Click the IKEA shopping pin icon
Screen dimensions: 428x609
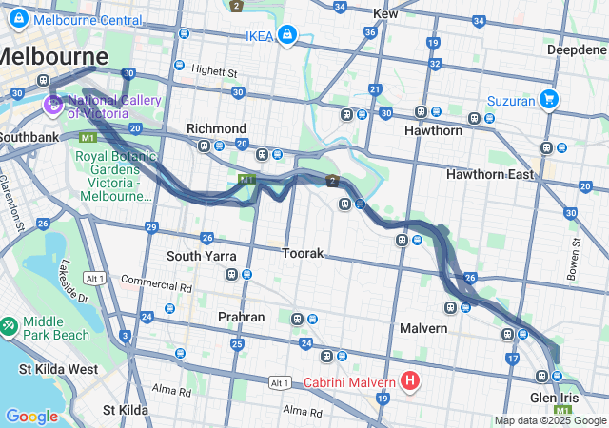coord(285,36)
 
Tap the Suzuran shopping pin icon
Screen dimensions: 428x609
coord(548,98)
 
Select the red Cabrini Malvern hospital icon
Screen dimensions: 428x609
coord(410,382)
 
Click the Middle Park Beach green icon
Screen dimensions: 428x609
coord(9,326)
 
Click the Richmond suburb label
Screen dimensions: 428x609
coord(216,128)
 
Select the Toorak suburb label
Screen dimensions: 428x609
coord(303,254)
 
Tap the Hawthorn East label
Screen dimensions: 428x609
coord(491,174)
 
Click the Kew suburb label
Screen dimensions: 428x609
coord(385,13)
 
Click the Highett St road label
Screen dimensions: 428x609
coord(213,70)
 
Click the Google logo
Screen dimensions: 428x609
coord(31,417)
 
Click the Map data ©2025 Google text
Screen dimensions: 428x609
coord(549,420)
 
